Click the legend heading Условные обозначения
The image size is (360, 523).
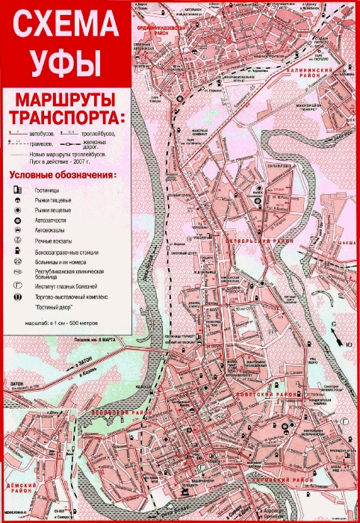coord(63,175)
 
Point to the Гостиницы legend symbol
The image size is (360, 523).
coord(17,191)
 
